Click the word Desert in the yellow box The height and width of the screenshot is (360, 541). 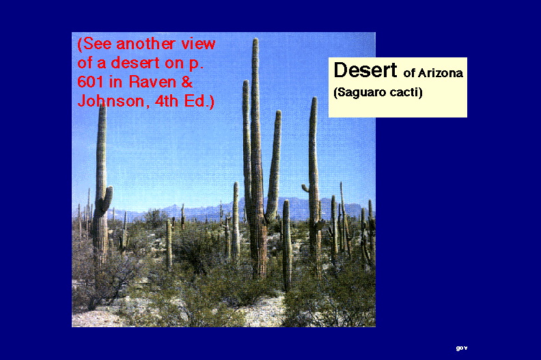pos(365,70)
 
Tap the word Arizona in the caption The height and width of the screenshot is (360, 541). pos(441,73)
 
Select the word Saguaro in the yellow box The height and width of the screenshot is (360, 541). pos(355,93)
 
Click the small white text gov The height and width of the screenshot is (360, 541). pos(462,348)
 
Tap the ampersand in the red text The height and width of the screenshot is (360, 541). pos(186,82)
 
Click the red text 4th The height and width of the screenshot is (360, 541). pos(167,101)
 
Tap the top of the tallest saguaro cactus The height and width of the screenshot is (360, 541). pos(255,39)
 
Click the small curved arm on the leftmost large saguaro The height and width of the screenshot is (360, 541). pos(107,198)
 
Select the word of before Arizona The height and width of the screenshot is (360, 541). pos(409,73)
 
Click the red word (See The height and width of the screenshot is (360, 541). pos(95,44)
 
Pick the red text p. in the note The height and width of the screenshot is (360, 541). pos(196,64)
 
